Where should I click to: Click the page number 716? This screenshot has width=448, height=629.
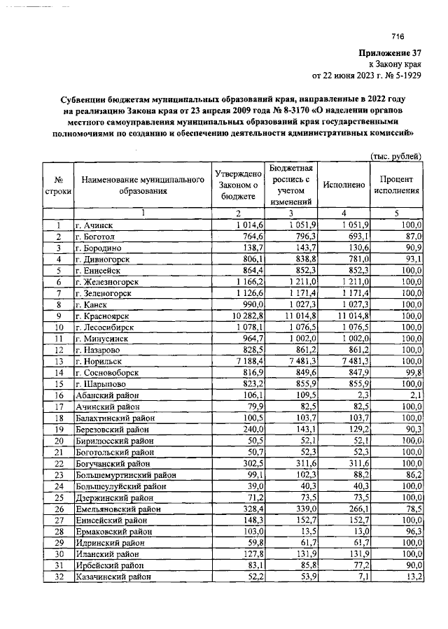click(x=399, y=37)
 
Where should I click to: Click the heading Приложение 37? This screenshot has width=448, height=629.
click(x=389, y=52)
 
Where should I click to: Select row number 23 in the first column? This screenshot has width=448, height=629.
click(x=59, y=474)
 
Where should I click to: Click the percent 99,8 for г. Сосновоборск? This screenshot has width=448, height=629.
click(x=414, y=372)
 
